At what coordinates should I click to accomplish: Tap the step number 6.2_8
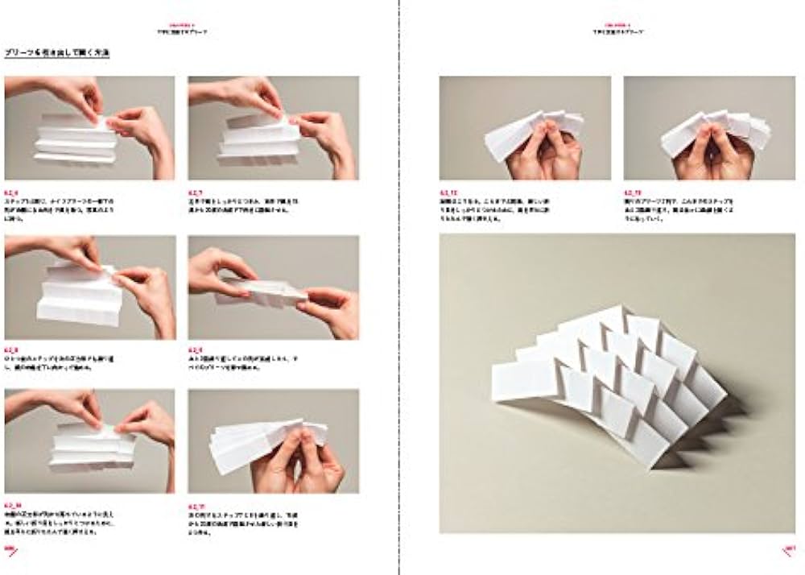[x=11, y=350]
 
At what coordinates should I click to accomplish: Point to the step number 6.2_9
[x=195, y=350]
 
